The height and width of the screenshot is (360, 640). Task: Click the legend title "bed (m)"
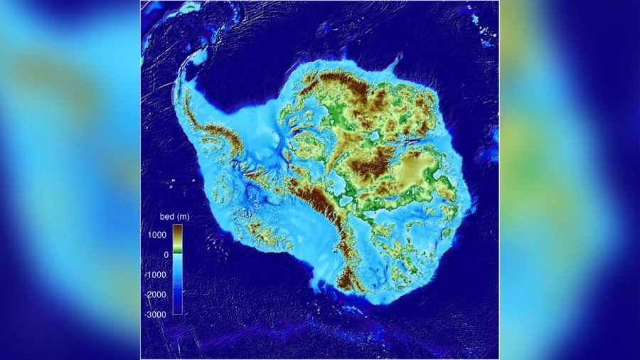pos(174,216)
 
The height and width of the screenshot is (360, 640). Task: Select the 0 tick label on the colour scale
pos(165,254)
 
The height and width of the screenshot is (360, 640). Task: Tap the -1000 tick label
pos(156,274)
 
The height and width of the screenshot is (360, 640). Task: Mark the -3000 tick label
pos(156,314)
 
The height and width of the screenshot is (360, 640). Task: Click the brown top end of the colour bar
pos(177,229)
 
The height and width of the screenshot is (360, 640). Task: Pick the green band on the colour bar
pos(177,250)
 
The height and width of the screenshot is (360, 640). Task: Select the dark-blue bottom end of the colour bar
pos(177,309)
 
